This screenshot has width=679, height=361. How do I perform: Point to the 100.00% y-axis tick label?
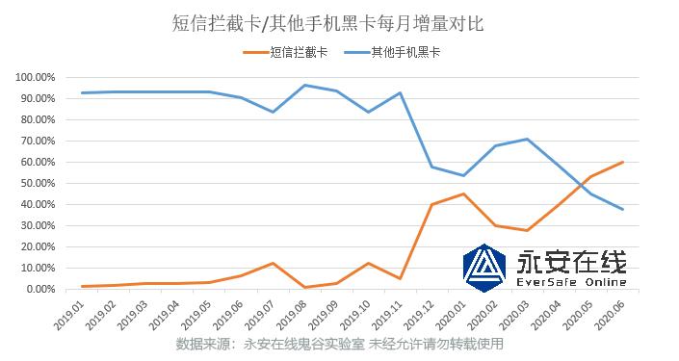click(37, 77)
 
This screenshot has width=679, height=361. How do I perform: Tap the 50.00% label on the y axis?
click(39, 183)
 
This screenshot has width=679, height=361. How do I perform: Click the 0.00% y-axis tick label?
click(41, 289)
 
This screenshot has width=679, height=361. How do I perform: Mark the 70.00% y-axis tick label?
click(39, 141)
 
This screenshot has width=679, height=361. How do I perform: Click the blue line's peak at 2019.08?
click(305, 86)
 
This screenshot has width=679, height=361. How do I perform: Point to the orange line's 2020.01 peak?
click(464, 193)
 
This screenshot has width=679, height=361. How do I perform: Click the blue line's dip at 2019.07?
click(274, 112)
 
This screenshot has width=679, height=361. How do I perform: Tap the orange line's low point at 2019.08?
click(305, 287)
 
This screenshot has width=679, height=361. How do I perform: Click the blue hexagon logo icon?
click(486, 267)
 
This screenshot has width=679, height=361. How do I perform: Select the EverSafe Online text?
click(572, 283)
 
